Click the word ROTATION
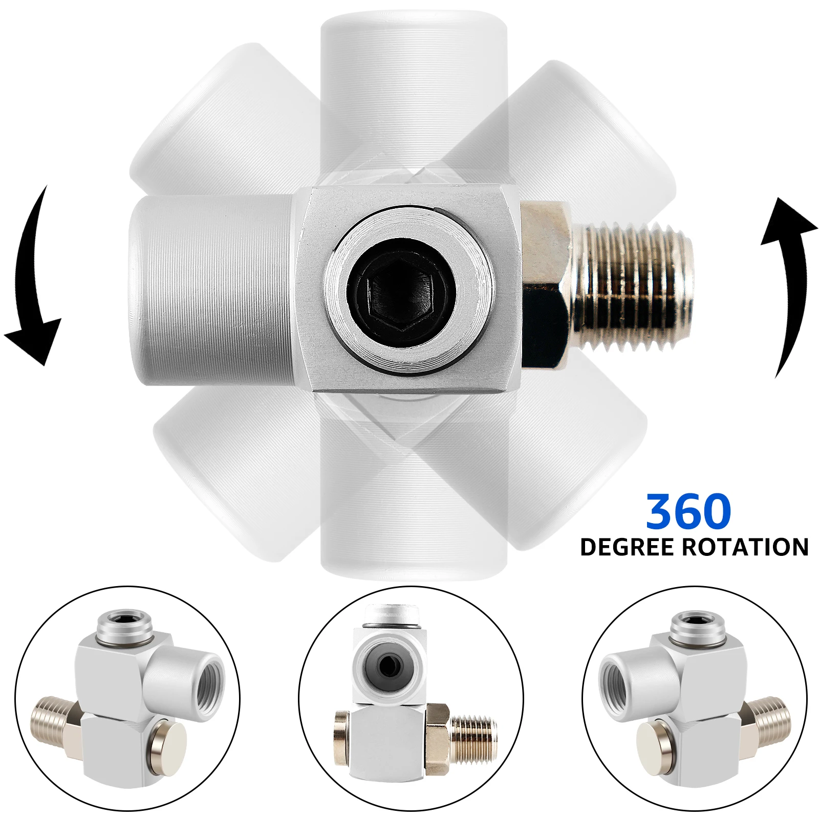point(746,547)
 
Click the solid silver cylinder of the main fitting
point(215,290)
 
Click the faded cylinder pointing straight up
point(414,97)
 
